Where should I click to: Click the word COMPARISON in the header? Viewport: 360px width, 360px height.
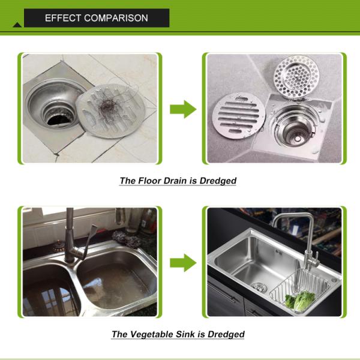(116, 18)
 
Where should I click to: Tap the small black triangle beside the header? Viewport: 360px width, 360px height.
(17, 25)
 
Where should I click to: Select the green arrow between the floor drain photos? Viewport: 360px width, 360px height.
(183, 109)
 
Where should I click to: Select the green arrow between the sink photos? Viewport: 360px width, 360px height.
(183, 263)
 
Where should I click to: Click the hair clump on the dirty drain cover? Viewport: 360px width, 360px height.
(107, 106)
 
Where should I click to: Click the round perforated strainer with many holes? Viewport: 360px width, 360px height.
(296, 76)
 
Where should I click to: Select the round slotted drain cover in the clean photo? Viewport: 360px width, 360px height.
(239, 116)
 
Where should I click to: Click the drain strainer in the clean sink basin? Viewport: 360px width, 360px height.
(259, 287)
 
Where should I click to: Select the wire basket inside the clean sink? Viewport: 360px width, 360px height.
(301, 290)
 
